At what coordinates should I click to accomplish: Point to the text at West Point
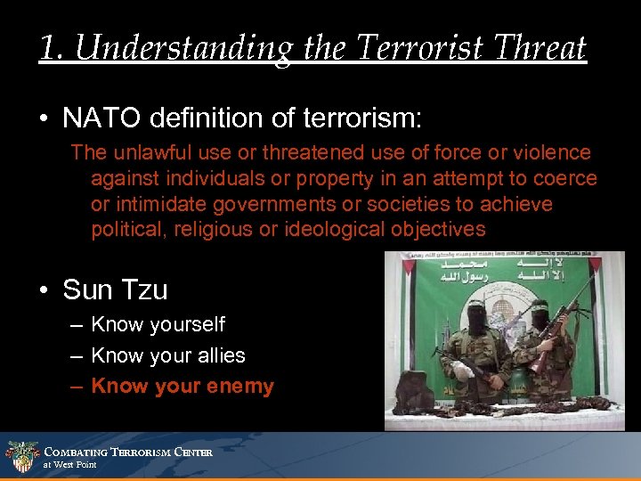pyautogui.click(x=69, y=465)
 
